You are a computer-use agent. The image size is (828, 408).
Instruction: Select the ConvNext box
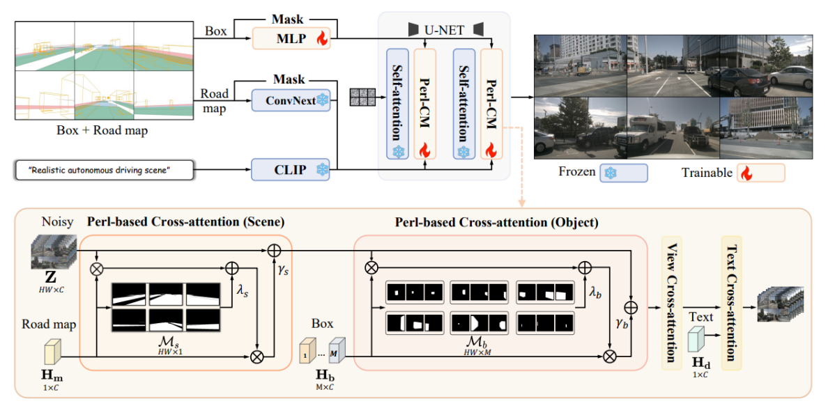coord(291,101)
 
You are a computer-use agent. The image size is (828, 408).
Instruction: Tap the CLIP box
coord(291,169)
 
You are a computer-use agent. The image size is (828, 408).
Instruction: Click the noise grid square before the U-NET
coord(362,98)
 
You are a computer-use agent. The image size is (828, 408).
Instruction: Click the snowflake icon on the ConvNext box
coord(323,101)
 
